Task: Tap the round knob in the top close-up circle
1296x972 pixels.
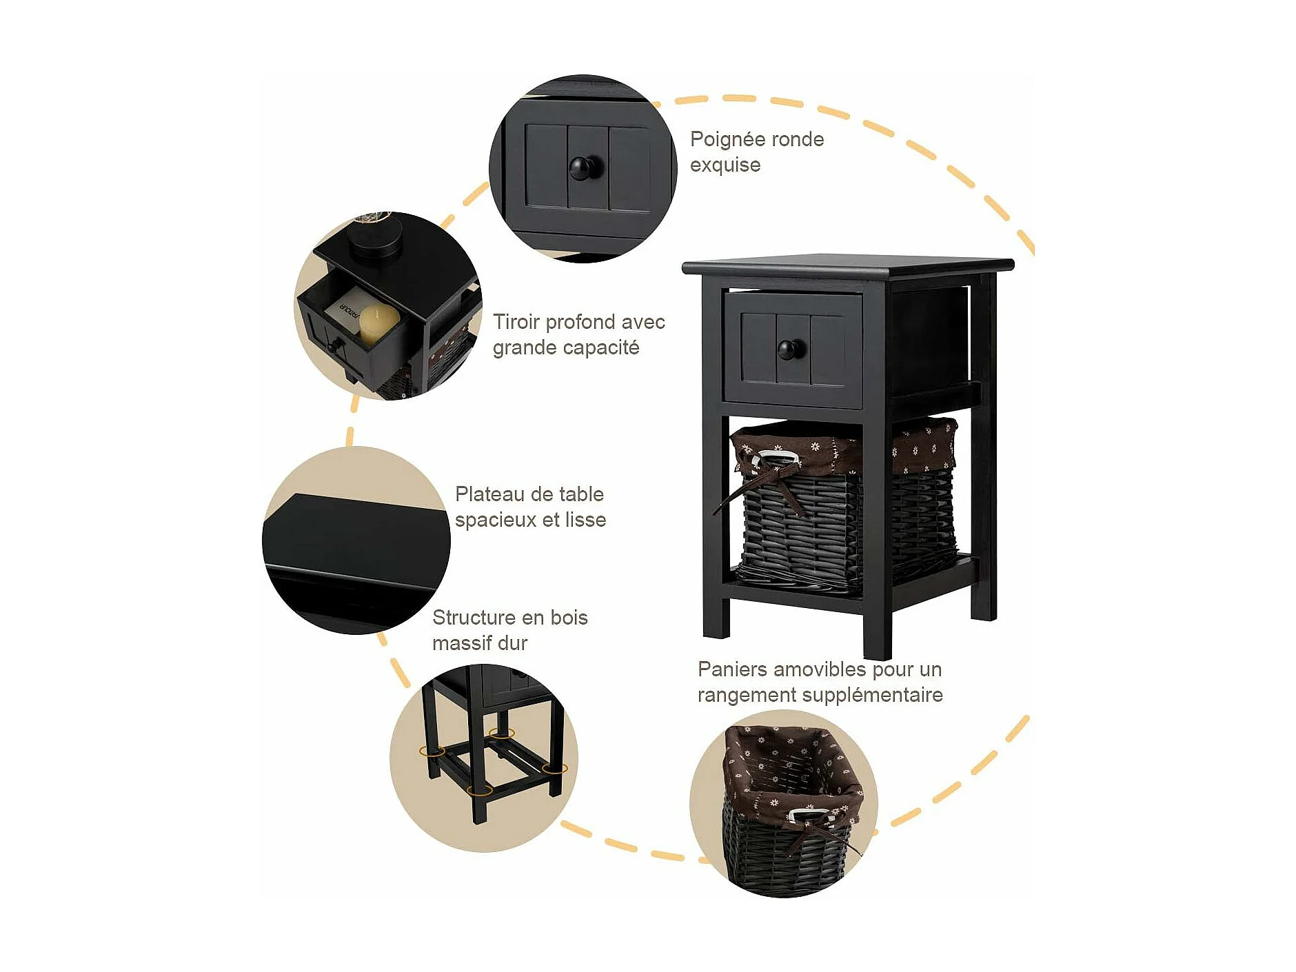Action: pos(586,168)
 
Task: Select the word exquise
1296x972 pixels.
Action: pos(725,165)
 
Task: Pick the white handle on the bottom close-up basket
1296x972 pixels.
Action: pos(804,816)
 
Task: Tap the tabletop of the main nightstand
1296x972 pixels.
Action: pos(848,265)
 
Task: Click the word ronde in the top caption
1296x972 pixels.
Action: pos(800,139)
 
